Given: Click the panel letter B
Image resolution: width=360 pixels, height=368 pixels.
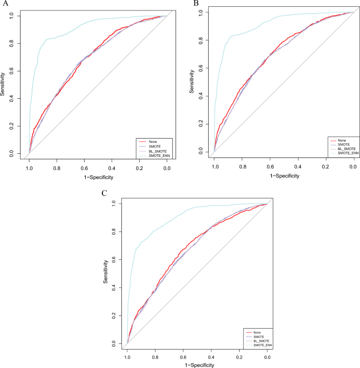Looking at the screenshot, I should point(196,4).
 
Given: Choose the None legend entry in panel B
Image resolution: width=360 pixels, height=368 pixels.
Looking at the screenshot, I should point(342,140).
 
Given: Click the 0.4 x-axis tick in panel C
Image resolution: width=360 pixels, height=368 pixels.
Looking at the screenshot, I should point(211,357).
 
